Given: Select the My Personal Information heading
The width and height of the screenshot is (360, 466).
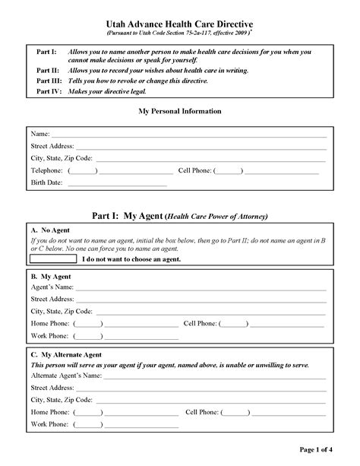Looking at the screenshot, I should [x=180, y=111].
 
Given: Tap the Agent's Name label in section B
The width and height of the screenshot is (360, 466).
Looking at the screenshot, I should [x=52, y=287].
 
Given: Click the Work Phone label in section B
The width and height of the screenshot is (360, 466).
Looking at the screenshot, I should [x=49, y=335].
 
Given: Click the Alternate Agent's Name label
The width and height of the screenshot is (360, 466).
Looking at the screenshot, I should [x=66, y=376].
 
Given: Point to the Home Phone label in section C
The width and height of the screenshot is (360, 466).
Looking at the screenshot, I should [x=49, y=412].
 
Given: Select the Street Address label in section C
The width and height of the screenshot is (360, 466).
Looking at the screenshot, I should [x=52, y=388].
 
